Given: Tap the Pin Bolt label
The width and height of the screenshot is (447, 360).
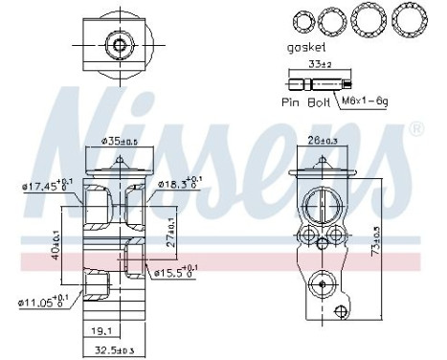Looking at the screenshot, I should (x=303, y=100).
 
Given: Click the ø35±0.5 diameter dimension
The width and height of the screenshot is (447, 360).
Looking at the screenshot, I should (x=121, y=143).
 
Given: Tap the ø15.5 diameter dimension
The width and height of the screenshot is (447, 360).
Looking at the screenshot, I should (x=178, y=273).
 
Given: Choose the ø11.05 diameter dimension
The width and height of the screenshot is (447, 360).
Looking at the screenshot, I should (x=41, y=302).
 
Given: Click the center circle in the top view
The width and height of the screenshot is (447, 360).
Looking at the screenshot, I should (x=120, y=45).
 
